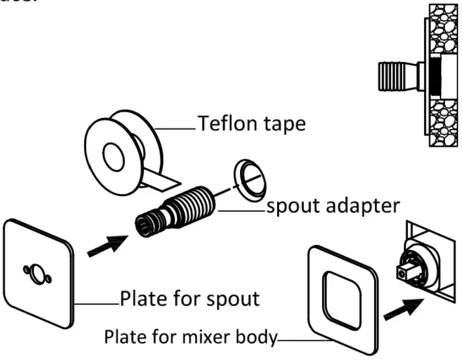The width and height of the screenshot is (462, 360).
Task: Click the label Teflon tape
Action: click(252, 123)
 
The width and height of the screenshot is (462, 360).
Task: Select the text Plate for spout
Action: click(189, 299)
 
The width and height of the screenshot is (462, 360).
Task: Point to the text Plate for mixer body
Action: click(190, 337)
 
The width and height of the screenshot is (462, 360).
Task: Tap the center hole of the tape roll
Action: click(110, 156)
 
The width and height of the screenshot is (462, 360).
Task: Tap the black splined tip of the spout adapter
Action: click(144, 224)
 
